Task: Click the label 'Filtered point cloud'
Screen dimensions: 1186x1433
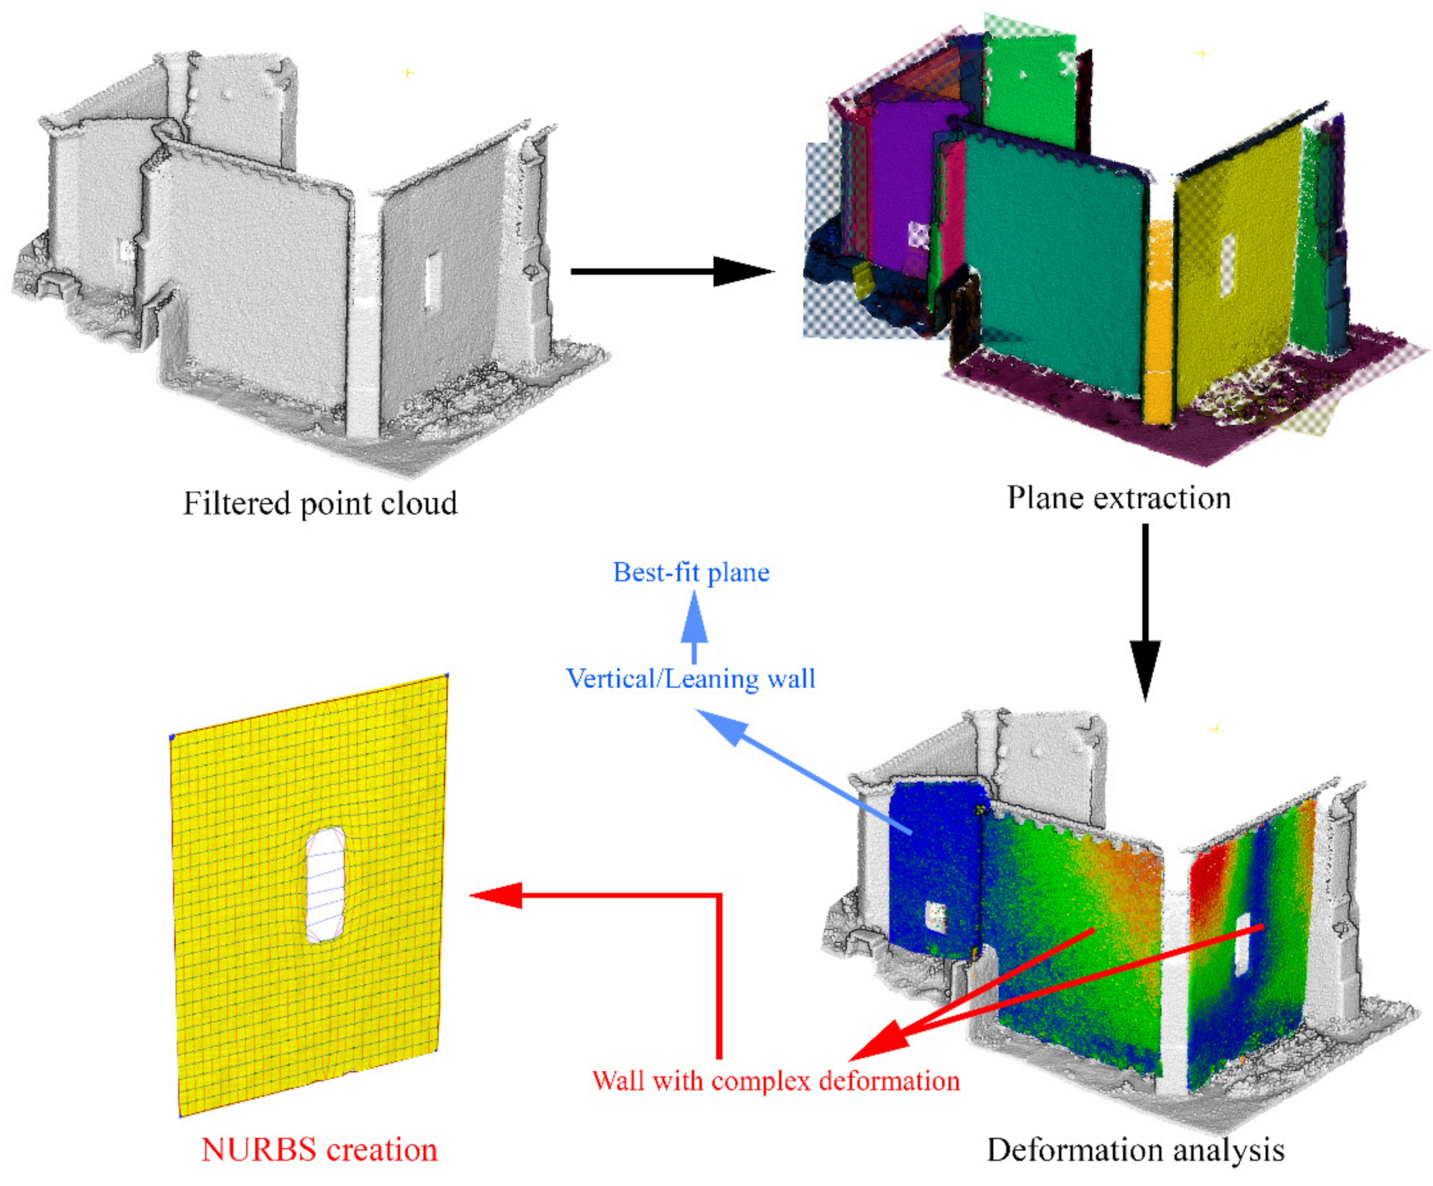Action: [320, 504]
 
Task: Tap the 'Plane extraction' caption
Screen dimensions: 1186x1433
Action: [1119, 498]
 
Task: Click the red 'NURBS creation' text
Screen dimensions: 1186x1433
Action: [320, 1149]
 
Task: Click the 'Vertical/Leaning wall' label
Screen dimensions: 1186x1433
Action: [690, 678]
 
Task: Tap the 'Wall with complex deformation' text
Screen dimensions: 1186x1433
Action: [776, 1081]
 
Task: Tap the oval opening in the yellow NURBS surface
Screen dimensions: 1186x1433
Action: [325, 885]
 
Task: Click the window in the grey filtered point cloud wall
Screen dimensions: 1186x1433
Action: [433, 280]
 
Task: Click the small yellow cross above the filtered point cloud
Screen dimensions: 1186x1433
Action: [408, 72]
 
